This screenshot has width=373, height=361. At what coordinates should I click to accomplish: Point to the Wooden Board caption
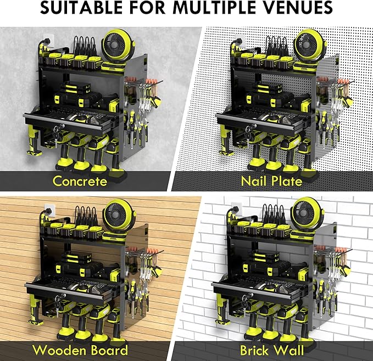tap(80, 350)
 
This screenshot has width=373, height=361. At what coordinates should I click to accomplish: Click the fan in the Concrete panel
tap(115, 46)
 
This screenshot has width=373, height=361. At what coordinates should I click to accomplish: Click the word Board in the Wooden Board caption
tap(108, 350)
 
